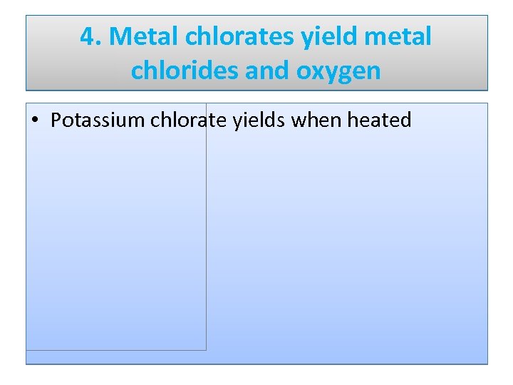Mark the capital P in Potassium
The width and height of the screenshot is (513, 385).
(56, 120)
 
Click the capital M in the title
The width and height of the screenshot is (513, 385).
(118, 37)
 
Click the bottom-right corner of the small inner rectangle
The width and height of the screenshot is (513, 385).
(206, 349)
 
